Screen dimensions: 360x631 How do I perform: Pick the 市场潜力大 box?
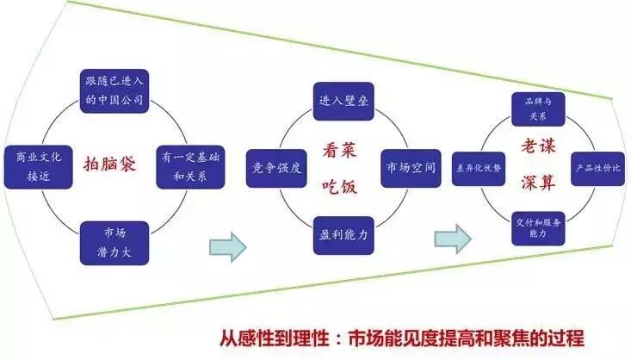[x=114, y=241]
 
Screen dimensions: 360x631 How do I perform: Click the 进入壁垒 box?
[x=342, y=101]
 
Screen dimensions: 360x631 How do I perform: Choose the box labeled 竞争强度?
[x=275, y=166]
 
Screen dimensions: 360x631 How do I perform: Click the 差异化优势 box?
[x=479, y=165]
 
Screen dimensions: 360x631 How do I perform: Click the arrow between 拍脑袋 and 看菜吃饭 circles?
[x=228, y=247]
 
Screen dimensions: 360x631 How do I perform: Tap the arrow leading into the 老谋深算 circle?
[x=453, y=234]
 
